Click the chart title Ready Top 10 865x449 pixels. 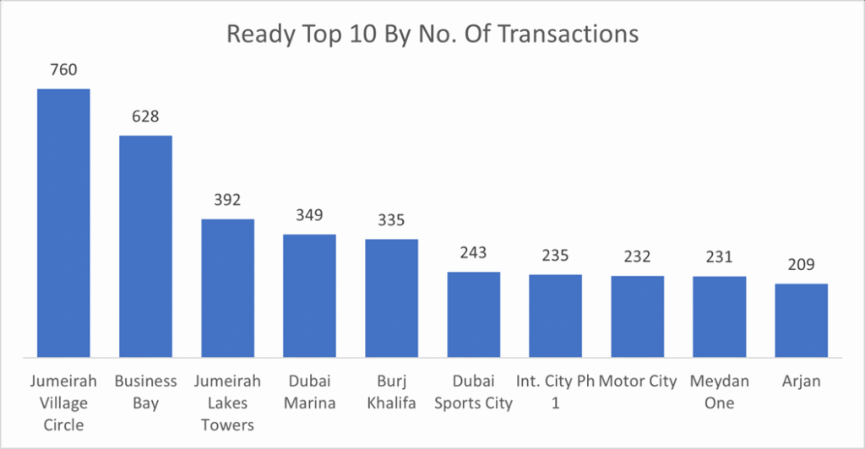[432, 35]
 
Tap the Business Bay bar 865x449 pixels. [145, 246]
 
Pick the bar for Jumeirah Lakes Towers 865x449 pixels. [227, 287]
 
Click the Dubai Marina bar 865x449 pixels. [309, 295]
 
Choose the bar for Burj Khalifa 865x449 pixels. [391, 297]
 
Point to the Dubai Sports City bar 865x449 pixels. [473, 314]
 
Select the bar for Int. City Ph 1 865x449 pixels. [555, 315]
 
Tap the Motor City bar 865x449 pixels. [637, 316]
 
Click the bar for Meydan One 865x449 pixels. [719, 316]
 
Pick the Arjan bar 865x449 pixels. [801, 320]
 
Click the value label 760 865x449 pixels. [63, 70]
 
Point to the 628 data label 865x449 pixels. [145, 116]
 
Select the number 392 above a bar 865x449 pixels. [227, 200]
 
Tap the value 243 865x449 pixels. [473, 253]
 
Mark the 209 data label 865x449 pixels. [801, 265]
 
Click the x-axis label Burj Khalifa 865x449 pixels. [391, 392]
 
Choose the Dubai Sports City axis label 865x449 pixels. [473, 392]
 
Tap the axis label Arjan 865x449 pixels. [801, 381]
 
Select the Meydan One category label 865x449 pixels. [719, 392]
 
